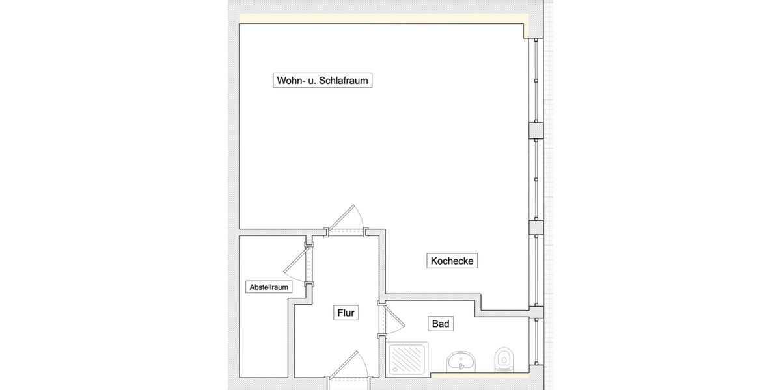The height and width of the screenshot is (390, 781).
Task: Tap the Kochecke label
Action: click(453, 261)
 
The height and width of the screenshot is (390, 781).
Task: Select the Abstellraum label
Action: click(269, 287)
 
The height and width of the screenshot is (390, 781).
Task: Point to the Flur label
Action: click(346, 313)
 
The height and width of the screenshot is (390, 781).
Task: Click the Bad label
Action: click(441, 323)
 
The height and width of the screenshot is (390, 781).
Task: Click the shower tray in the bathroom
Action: click(409, 359)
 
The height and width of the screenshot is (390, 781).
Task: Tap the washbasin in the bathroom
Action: click(463, 361)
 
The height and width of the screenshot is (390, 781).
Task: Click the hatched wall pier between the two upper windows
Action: click(535, 130)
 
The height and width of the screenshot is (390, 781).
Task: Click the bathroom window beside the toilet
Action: click(535, 344)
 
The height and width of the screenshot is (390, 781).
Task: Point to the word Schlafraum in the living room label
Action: click(351, 81)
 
